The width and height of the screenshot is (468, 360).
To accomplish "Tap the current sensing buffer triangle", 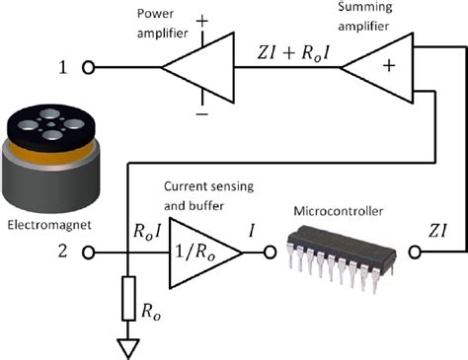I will pyautogui.click(x=202, y=252).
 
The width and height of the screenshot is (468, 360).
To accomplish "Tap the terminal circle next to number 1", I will pyautogui.click(x=89, y=69).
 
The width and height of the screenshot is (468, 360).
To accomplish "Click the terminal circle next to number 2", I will pyautogui.click(x=89, y=252).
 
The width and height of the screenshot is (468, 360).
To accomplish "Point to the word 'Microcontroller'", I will pyautogui.click(x=337, y=211).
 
